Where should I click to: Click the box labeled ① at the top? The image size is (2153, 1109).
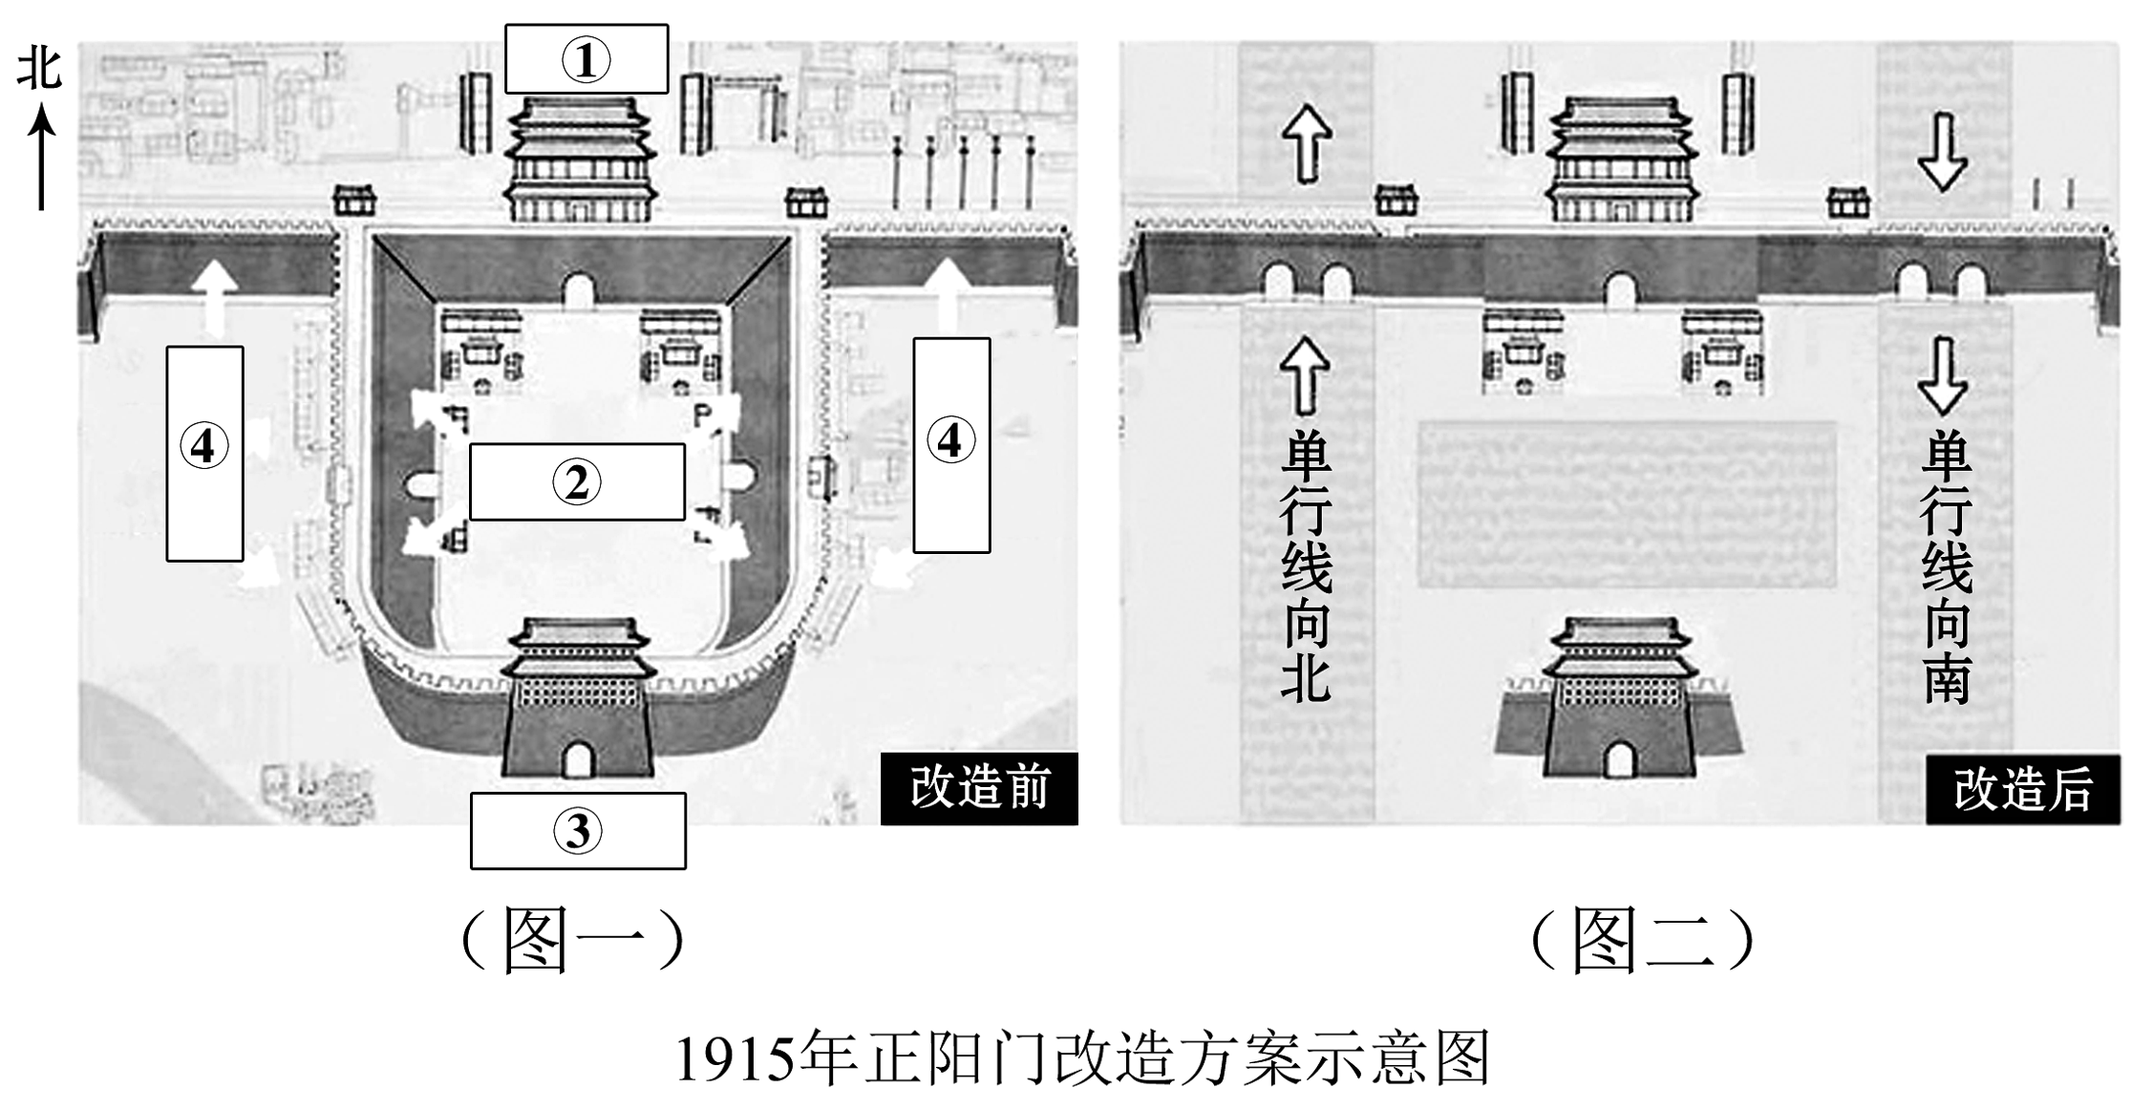[x=586, y=59]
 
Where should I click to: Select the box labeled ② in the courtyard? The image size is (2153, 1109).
[x=577, y=481]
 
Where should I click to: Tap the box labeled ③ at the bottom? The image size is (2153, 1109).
[x=577, y=830]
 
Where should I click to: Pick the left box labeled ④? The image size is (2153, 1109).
[x=204, y=453]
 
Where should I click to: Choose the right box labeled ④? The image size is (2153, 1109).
[x=950, y=444]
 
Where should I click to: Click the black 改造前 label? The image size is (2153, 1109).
[x=979, y=789]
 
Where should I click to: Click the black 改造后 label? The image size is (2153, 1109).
[x=2023, y=790]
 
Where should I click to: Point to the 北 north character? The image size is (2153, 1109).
[x=40, y=70]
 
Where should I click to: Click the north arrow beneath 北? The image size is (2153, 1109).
[x=41, y=158]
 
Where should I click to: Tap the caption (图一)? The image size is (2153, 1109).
[x=573, y=940]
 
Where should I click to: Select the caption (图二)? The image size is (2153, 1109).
[x=1643, y=940]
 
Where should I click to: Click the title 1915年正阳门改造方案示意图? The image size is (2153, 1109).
[x=1082, y=1058]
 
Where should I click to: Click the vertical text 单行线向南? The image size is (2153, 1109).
[x=1946, y=567]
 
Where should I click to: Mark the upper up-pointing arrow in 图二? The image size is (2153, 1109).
[x=1307, y=143]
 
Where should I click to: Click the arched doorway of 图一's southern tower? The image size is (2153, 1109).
[x=577, y=759]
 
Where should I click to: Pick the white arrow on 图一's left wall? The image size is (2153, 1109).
[x=217, y=296]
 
